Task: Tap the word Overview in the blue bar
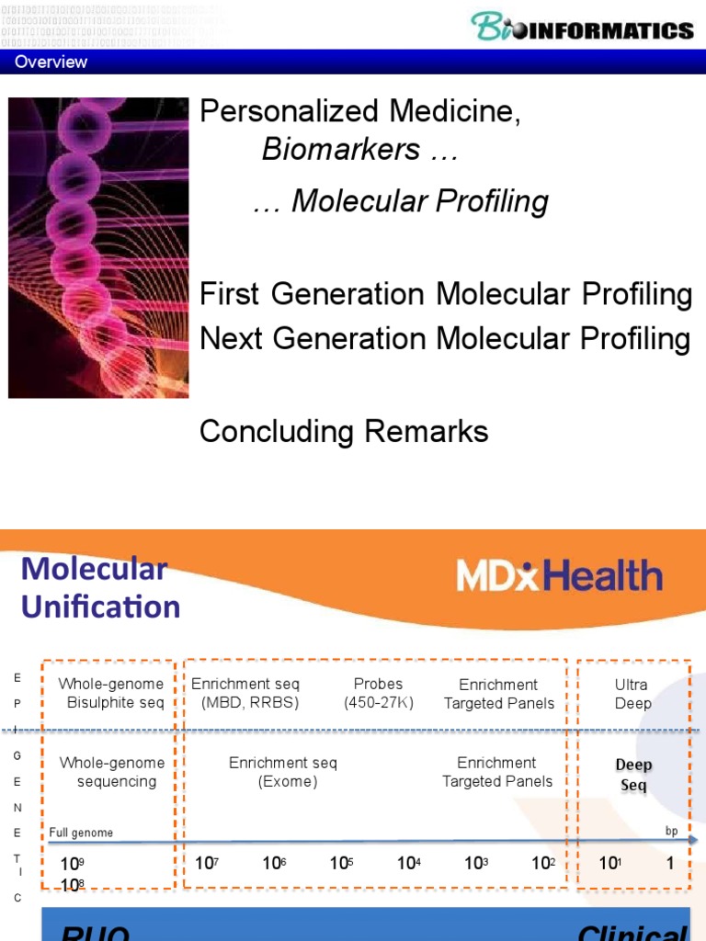(51, 62)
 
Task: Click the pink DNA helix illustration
(98, 247)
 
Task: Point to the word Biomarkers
(341, 149)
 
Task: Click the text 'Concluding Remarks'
(344, 431)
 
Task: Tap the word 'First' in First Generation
(230, 295)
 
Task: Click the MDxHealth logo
(559, 576)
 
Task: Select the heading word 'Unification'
(100, 607)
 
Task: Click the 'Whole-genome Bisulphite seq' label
(111, 693)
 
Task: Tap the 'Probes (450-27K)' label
(379, 693)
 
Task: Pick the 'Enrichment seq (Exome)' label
(283, 772)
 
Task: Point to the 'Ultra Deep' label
(632, 694)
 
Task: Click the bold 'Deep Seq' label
(633, 775)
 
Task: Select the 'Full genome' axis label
(82, 833)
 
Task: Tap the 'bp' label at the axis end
(670, 831)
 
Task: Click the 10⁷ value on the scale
(205, 864)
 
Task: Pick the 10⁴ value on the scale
(408, 864)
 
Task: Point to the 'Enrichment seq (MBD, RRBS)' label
(245, 693)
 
